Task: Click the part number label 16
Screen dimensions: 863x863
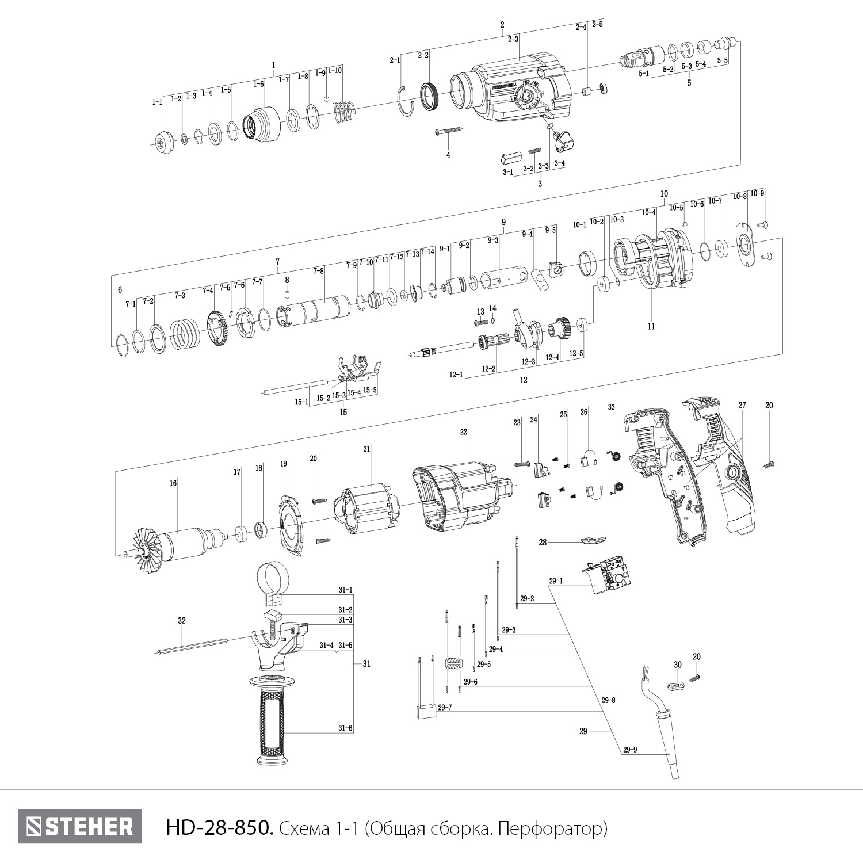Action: [x=173, y=483]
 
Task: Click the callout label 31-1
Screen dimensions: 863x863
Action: [x=345, y=590]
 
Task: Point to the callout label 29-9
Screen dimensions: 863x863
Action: [x=631, y=749]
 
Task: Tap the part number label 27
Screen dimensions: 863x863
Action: [x=742, y=406]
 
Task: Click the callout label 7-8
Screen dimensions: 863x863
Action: [x=318, y=270]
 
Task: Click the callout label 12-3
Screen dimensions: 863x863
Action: [x=529, y=362]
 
